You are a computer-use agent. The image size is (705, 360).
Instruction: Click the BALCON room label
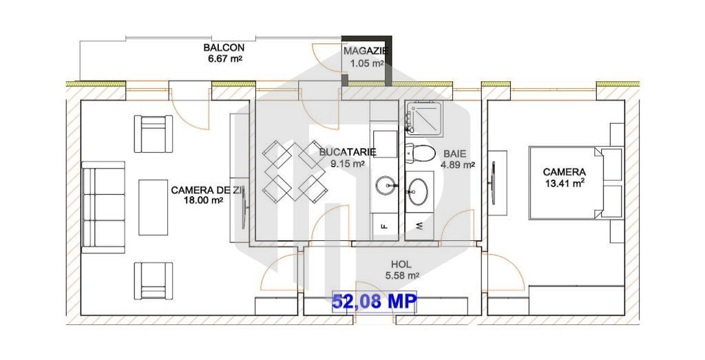pyautogui.click(x=223, y=47)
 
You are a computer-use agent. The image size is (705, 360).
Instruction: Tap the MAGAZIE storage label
pyautogui.click(x=366, y=51)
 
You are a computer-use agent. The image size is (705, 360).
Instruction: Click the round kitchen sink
pyautogui.click(x=386, y=185)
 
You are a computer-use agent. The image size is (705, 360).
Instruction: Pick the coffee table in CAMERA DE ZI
pyautogui.click(x=154, y=207)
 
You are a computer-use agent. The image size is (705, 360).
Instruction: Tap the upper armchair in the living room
pyautogui.click(x=153, y=134)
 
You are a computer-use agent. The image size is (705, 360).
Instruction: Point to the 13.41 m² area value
pyautogui.click(x=565, y=183)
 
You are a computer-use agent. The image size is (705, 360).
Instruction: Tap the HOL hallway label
pyautogui.click(x=401, y=264)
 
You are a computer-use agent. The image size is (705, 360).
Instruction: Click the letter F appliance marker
pyautogui.click(x=384, y=225)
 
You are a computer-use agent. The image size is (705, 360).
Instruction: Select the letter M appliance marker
pyautogui.click(x=420, y=225)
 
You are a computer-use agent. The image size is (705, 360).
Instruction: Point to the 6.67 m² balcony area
pyautogui.click(x=224, y=59)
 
